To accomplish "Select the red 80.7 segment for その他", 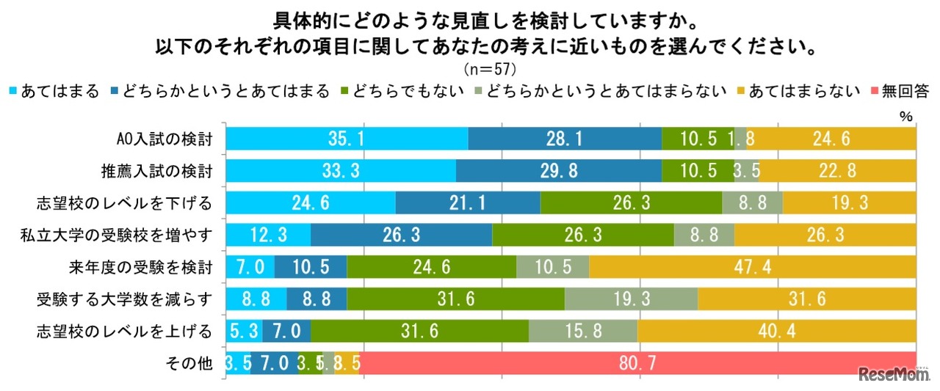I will tap(637, 362).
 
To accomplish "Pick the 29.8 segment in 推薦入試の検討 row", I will tap(558, 171).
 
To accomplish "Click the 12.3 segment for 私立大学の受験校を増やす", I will tap(268, 235).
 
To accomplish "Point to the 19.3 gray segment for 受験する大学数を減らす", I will tap(631, 299).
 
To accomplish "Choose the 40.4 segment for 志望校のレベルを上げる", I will tap(776, 331).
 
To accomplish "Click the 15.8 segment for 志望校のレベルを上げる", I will tap(583, 331).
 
